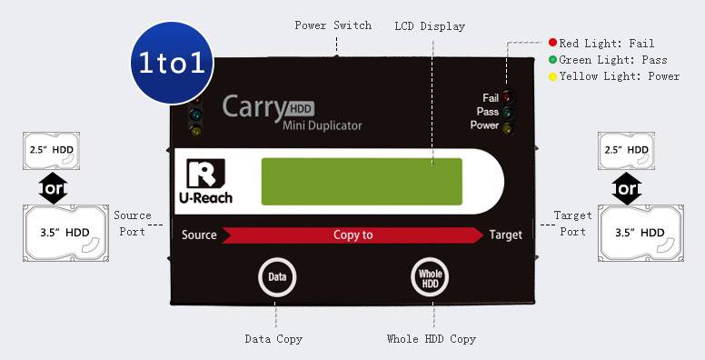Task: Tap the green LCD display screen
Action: (x=361, y=182)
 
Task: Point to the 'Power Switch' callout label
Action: (x=333, y=25)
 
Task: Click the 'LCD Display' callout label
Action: (x=430, y=26)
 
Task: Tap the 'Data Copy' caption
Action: (x=273, y=339)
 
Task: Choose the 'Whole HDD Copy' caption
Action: (x=432, y=339)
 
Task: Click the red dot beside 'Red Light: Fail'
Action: (x=551, y=43)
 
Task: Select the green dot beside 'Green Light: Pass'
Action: (x=551, y=60)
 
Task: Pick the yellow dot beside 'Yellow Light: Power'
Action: (x=551, y=76)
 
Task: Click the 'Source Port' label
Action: (x=132, y=223)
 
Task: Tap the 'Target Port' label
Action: (x=572, y=223)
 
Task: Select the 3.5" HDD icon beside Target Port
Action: (x=639, y=233)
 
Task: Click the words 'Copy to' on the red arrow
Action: (x=352, y=235)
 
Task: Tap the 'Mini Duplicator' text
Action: (x=322, y=125)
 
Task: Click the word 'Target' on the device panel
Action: (x=505, y=235)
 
